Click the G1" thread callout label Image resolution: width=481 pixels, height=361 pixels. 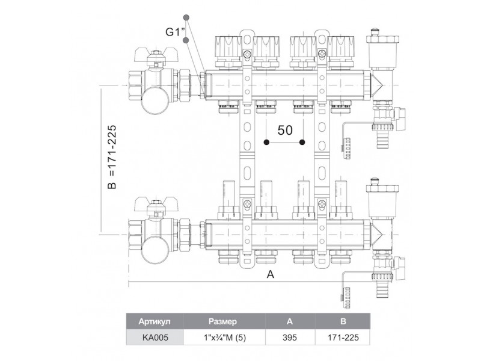click(x=173, y=32)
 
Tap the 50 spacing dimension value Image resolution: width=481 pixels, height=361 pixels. click(x=284, y=130)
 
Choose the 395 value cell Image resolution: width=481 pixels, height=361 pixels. click(x=290, y=338)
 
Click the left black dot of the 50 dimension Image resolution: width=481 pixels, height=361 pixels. click(x=266, y=143)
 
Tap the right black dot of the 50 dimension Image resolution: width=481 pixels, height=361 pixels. click(x=302, y=143)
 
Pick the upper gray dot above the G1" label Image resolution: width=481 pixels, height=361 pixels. click(x=187, y=17)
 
